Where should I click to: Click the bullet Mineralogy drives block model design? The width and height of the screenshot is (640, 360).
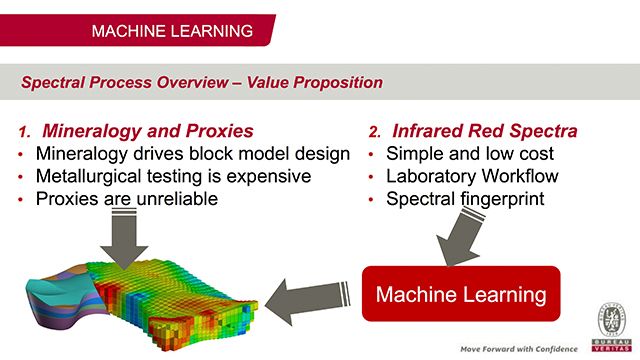192,154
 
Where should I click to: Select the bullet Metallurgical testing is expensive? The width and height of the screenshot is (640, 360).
173,176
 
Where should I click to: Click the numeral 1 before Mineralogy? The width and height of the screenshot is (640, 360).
25,131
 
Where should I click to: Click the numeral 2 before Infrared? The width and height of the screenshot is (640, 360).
374,131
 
